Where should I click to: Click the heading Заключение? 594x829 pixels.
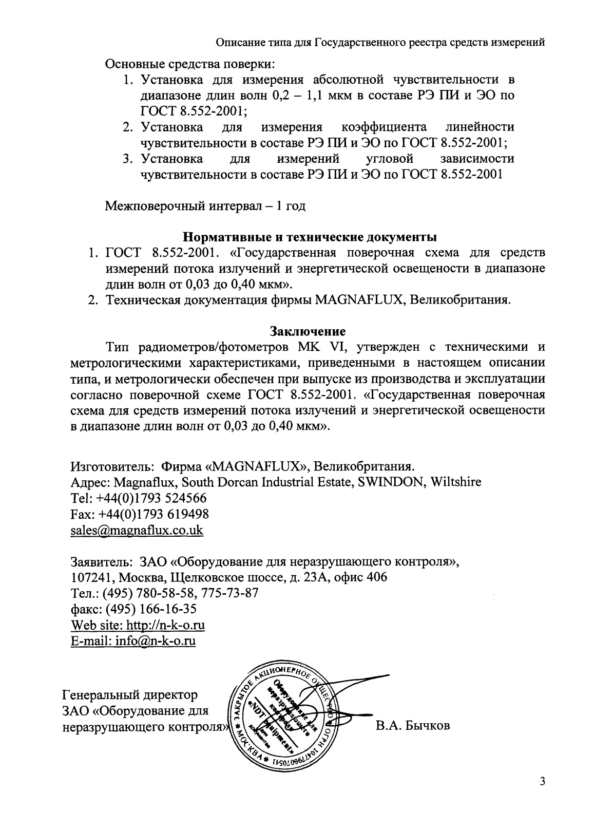(308, 331)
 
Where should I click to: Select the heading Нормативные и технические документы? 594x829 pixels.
(311, 238)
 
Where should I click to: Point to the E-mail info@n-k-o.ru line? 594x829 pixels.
(133, 641)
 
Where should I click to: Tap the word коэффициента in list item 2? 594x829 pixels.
(384, 126)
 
